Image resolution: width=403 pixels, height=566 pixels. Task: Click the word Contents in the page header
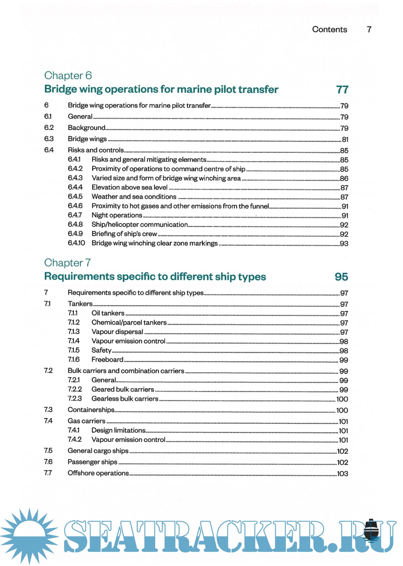point(329,30)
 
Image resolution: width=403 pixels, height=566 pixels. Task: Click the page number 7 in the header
point(369,30)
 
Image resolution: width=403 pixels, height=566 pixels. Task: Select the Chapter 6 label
point(68,75)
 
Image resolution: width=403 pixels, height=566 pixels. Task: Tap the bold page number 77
point(342,90)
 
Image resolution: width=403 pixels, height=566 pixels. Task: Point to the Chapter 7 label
point(68,263)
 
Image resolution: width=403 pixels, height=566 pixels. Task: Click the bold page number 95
point(341,277)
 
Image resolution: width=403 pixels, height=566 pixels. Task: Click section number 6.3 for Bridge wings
point(49,139)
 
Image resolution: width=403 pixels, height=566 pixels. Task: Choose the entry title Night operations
point(117,215)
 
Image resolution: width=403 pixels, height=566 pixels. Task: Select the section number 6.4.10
point(76,243)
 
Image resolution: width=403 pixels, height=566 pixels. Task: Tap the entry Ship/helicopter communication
point(140,225)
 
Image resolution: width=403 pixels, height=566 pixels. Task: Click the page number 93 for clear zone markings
point(344,244)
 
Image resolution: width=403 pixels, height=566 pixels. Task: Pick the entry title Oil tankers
point(108,313)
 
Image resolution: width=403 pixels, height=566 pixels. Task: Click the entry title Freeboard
point(107,359)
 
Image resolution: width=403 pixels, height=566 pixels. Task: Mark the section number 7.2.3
point(75,399)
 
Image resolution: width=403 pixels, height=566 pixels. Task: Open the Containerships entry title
point(91,410)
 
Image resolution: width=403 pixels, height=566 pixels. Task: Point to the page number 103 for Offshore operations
point(343,474)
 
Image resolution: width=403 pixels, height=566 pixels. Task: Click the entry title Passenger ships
point(93,462)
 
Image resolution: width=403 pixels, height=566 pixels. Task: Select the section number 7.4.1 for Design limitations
point(74,430)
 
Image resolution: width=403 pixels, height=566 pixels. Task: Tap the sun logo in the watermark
point(29,535)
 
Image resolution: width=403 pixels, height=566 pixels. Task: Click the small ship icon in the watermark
point(371,531)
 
